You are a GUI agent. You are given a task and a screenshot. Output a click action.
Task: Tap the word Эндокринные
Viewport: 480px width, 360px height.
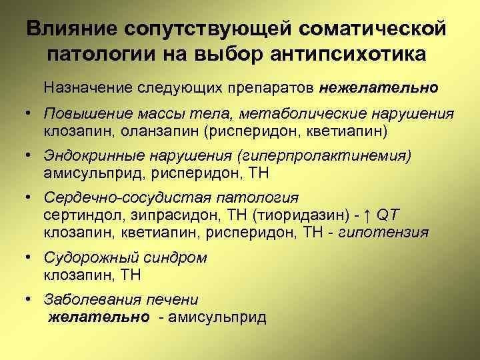point(90,157)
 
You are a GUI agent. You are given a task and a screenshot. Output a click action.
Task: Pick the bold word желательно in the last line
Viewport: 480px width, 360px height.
point(99,317)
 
